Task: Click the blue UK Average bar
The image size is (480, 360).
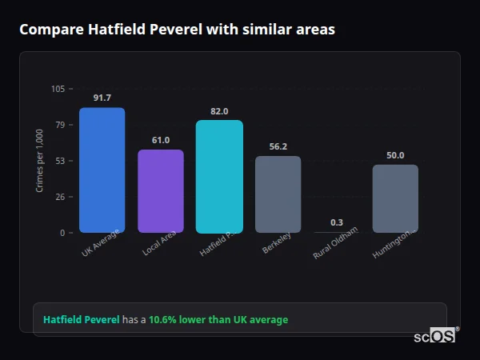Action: pos(102,170)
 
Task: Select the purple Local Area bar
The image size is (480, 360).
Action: pos(161,191)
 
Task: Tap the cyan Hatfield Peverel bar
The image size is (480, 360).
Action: pos(219,176)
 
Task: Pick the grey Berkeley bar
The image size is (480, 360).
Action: pos(278,194)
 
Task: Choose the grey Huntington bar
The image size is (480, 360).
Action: pos(395,198)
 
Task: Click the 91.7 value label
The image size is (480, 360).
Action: pos(102,98)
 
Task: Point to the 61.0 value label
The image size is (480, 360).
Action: pos(161,140)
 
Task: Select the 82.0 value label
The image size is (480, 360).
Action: pos(219,111)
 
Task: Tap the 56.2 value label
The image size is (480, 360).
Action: pos(278,146)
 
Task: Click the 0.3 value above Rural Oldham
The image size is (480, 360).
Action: pos(337,222)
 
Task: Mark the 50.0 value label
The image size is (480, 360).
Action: pos(395,155)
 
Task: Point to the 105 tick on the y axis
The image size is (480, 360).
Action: pos(58,89)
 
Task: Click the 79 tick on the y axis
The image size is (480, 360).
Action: pos(60,125)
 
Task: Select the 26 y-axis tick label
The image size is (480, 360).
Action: pos(60,197)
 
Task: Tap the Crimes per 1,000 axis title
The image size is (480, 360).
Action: pos(39,161)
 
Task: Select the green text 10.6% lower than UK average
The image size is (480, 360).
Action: pos(218,320)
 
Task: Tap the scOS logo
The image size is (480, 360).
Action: pos(435,336)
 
